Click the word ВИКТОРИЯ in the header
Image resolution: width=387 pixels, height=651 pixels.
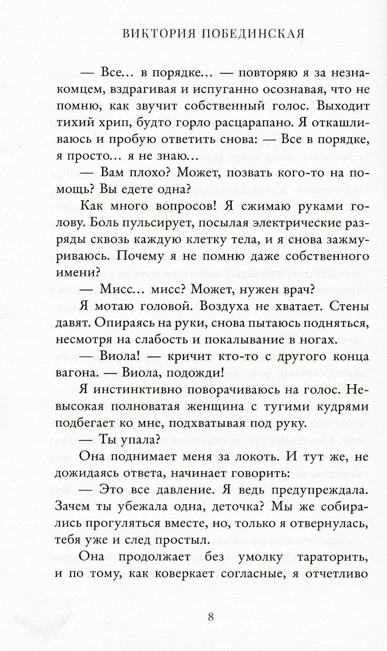click(158, 34)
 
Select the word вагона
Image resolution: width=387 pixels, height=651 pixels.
click(77, 373)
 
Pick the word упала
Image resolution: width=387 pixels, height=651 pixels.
click(136, 440)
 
